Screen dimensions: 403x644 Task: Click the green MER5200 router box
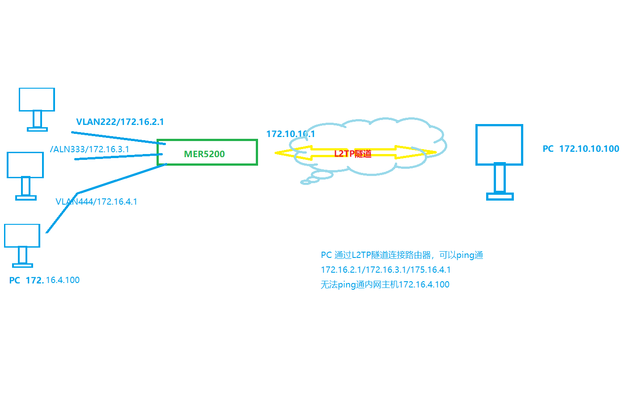(x=207, y=153)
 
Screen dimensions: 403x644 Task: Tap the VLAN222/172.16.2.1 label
(x=120, y=122)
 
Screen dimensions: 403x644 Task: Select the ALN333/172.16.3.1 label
(x=90, y=149)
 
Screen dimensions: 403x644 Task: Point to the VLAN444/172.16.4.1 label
(x=96, y=201)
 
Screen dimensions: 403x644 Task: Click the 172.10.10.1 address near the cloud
(x=290, y=134)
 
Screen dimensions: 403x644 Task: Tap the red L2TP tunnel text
(x=353, y=154)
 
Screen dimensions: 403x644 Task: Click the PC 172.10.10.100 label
(x=580, y=149)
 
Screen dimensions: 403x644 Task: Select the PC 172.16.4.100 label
(x=44, y=280)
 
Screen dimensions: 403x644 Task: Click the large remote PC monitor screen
(x=499, y=145)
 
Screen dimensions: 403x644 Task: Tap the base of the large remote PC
(x=500, y=196)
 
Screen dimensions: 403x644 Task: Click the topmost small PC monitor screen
(x=37, y=99)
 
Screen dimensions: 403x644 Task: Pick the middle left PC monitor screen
(x=25, y=165)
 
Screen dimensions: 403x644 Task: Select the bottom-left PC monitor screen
(x=22, y=236)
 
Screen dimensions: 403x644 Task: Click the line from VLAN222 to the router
(x=119, y=138)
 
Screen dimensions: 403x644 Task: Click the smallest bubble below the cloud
(x=306, y=182)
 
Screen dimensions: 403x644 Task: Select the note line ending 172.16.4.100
(x=385, y=285)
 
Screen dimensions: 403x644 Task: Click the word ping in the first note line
(x=465, y=255)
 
